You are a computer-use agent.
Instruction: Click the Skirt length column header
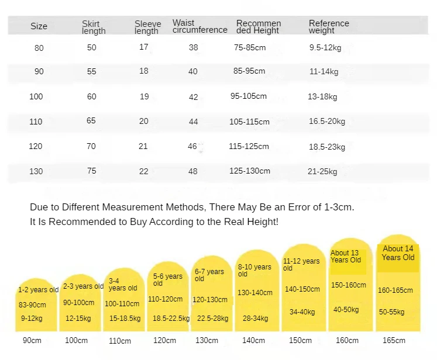click(94, 27)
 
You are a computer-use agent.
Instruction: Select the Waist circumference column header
click(199, 27)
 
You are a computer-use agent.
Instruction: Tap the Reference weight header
click(329, 27)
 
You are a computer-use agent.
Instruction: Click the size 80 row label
click(39, 48)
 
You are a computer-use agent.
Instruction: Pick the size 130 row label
click(36, 171)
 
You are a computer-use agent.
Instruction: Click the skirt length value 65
click(91, 122)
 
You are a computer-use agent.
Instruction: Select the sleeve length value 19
click(144, 96)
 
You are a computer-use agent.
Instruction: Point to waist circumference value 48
click(192, 171)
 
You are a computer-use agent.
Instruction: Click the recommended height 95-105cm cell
click(249, 96)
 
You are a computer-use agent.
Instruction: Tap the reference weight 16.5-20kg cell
click(327, 122)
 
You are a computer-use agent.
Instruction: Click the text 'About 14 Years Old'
click(398, 253)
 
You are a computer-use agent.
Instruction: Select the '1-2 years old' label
click(38, 290)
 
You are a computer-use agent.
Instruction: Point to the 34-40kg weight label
click(302, 312)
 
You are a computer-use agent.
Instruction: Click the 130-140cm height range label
click(254, 293)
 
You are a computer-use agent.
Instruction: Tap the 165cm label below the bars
click(394, 341)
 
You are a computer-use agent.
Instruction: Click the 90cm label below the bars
click(32, 341)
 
